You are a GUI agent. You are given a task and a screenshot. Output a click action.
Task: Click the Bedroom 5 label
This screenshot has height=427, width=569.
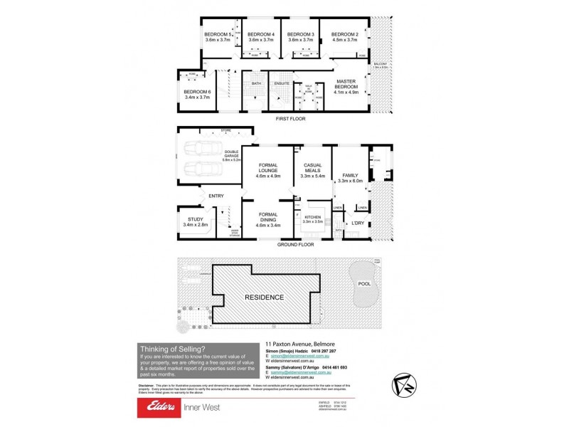218,34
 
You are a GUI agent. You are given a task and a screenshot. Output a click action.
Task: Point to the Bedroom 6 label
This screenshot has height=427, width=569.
197,92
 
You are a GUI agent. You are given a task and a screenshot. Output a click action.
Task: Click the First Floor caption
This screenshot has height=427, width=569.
290,119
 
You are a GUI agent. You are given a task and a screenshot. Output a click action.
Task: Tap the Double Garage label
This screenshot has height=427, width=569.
233,153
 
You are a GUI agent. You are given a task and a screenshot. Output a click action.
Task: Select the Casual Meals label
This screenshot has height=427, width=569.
313,168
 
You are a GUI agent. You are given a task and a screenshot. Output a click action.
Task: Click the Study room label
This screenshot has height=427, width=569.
195,219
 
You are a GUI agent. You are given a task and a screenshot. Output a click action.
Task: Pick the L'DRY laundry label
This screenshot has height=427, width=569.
357,225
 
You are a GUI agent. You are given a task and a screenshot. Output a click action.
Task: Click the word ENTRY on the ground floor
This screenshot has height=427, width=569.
216,196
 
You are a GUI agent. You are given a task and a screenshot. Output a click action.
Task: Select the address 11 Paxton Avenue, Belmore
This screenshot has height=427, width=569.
325,343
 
